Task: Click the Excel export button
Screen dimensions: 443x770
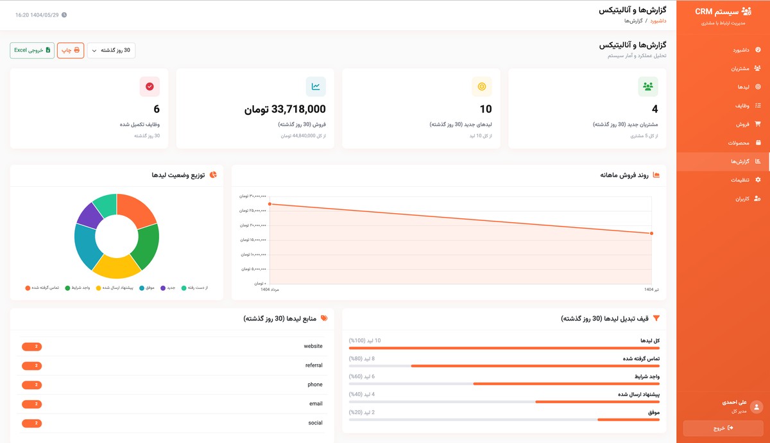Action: (32, 50)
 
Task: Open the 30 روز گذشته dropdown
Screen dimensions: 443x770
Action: (111, 50)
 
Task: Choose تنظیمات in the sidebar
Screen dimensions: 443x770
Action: (740, 180)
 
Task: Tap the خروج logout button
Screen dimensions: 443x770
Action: (723, 428)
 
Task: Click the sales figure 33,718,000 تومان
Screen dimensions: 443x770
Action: (285, 109)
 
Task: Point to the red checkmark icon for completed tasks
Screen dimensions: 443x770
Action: (150, 87)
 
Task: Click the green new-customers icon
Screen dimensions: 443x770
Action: (648, 87)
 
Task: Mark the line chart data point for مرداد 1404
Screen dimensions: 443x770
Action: (270, 204)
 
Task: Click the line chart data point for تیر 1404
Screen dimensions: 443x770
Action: (651, 233)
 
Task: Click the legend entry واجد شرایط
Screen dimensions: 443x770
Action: (80, 288)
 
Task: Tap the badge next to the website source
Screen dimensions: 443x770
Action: (31, 347)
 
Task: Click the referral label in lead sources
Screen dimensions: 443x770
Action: (314, 365)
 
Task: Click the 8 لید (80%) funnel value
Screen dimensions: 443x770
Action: (363, 358)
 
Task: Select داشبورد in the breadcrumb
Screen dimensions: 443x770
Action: (658, 21)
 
